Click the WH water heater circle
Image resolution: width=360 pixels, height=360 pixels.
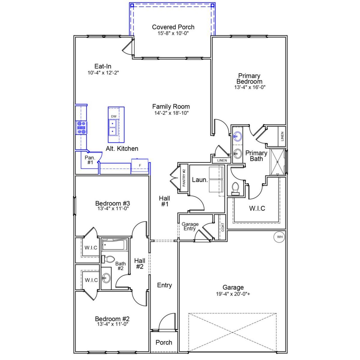(x=280, y=237)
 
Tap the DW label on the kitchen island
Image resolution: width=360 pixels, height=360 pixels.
(x=114, y=116)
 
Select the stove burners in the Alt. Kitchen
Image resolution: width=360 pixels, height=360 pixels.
(x=82, y=127)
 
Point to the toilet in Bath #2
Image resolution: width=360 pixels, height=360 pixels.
(x=109, y=259)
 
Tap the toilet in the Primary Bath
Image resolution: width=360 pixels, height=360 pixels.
(x=235, y=188)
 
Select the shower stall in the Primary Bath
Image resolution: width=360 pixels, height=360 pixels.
(x=277, y=161)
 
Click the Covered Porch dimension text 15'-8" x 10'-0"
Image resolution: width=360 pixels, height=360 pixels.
(x=173, y=33)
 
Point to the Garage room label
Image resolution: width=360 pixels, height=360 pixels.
(x=233, y=287)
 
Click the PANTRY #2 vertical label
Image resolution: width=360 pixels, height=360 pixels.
(x=184, y=178)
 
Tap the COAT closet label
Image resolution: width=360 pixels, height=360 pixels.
(x=223, y=227)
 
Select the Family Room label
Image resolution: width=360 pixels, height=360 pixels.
(x=171, y=107)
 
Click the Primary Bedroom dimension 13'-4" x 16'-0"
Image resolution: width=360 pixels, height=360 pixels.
(x=250, y=87)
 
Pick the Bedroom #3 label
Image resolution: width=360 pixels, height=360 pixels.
(x=112, y=203)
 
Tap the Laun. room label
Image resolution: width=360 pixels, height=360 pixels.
(x=200, y=180)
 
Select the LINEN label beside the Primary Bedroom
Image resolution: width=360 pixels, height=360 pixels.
(x=282, y=136)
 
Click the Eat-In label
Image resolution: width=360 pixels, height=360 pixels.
(x=103, y=66)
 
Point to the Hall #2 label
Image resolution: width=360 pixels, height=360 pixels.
(x=139, y=264)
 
